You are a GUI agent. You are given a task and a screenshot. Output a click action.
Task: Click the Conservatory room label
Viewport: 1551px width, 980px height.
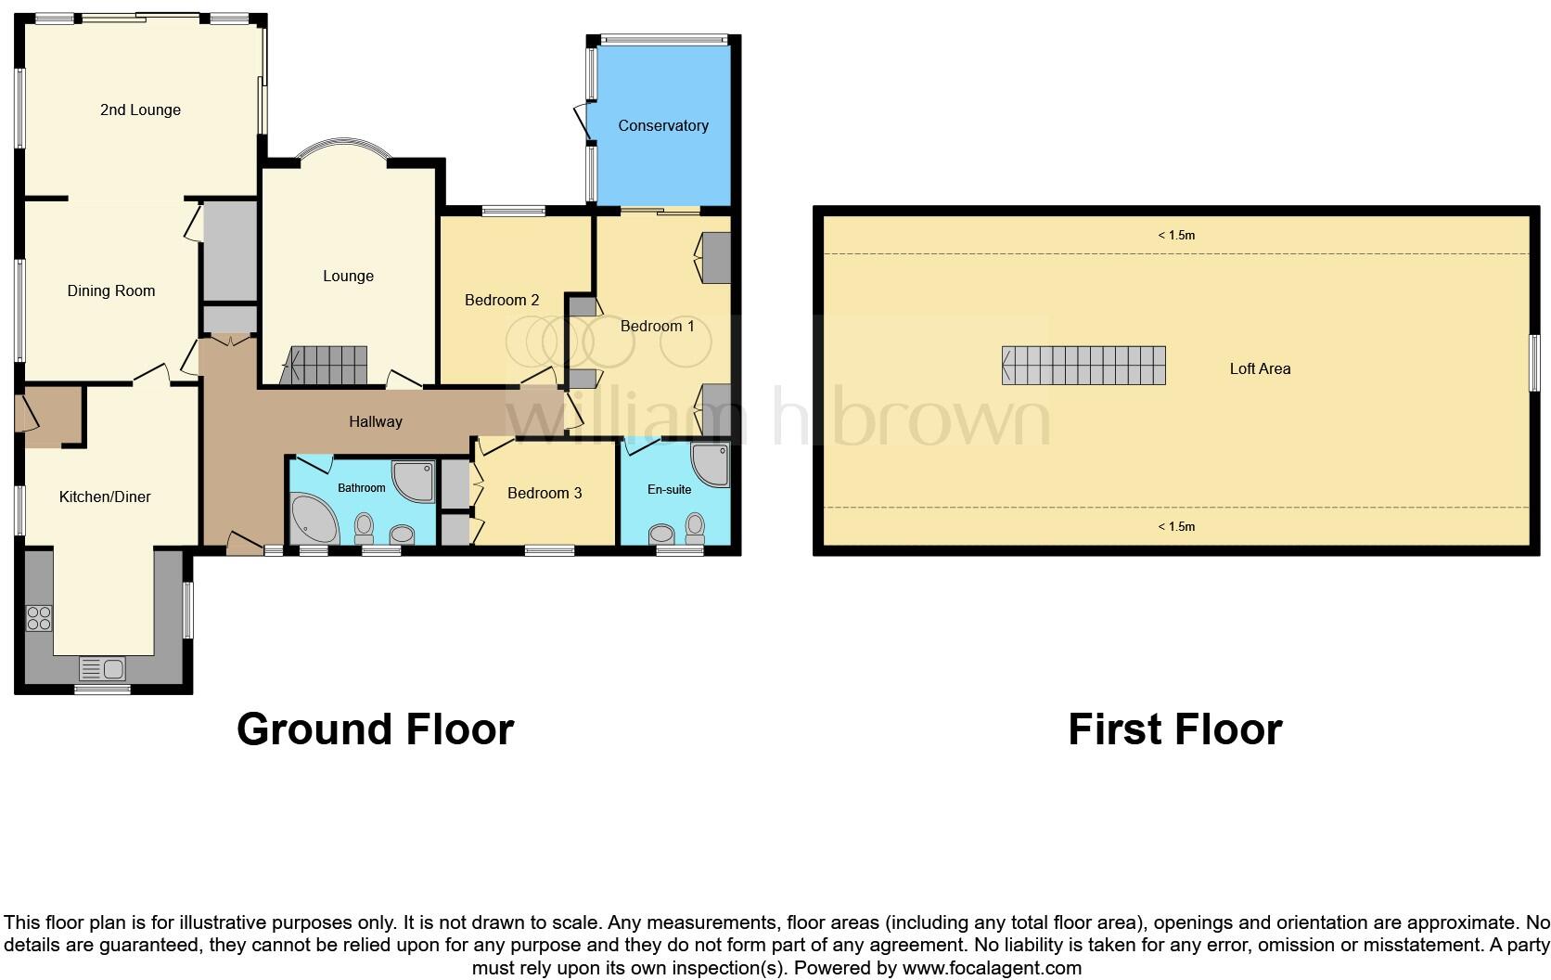[663, 125]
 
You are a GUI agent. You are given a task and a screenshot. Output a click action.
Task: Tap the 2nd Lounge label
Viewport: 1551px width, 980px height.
[140, 110]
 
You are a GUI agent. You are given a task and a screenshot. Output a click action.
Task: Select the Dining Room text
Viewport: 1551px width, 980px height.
[111, 290]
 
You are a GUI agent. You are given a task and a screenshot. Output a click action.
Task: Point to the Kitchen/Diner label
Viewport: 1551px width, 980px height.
[105, 496]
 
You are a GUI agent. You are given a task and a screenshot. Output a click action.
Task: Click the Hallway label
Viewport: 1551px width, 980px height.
[376, 421]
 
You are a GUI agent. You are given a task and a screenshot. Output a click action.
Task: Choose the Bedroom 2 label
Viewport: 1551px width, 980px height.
[502, 300]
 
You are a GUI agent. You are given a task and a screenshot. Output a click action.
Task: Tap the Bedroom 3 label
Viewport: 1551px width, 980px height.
[545, 493]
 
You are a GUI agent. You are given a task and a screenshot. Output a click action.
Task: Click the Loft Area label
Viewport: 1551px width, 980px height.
[1260, 368]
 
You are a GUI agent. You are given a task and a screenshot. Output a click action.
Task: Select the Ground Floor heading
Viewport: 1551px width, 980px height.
[375, 729]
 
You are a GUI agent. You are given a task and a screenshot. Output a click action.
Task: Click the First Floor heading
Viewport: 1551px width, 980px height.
[1174, 729]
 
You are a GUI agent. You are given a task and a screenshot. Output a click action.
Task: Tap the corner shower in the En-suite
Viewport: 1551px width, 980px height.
[711, 464]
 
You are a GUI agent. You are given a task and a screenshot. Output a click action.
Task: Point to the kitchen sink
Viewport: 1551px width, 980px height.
[103, 667]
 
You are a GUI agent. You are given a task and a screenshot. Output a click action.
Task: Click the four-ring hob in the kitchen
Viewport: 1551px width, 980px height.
[39, 618]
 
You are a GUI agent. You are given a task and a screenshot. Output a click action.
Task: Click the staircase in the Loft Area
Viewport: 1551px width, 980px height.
[1083, 365]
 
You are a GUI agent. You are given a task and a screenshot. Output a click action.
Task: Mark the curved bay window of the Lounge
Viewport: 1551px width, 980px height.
[343, 148]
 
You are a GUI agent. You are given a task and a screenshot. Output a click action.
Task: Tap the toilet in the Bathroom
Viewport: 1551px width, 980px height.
[364, 529]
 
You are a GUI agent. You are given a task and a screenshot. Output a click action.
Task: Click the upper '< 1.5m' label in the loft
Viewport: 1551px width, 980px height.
[1176, 235]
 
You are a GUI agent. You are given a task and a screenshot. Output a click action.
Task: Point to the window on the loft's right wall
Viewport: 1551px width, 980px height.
[1534, 363]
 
